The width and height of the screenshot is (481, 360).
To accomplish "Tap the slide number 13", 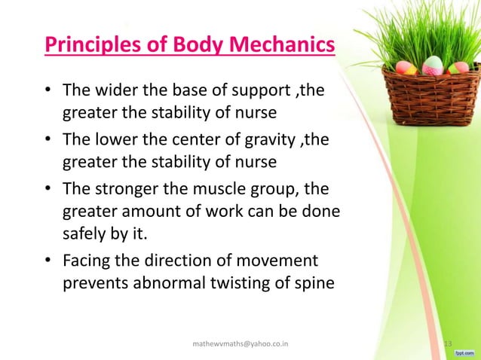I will coord(448,344).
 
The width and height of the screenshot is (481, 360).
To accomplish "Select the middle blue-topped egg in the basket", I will coord(432,66).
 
